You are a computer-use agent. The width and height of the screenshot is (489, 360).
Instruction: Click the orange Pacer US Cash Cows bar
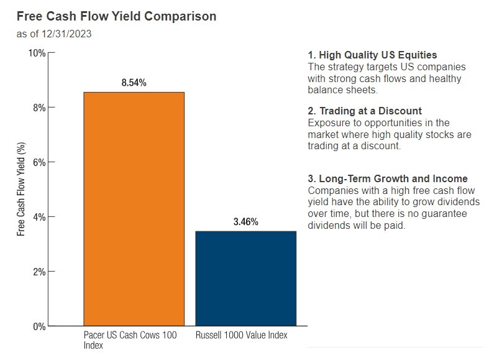tap(134, 208)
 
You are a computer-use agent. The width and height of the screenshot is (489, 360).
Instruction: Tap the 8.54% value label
tap(134, 83)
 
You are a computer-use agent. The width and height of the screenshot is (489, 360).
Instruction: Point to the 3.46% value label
tap(245, 221)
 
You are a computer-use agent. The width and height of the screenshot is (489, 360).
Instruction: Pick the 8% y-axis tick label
tap(39, 108)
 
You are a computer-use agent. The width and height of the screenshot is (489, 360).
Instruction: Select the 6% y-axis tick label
tap(39, 162)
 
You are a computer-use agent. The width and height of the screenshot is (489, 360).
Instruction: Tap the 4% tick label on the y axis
tap(39, 217)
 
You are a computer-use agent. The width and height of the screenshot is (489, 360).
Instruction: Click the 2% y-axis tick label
tap(39, 272)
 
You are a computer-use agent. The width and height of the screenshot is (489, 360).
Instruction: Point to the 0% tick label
tap(39, 326)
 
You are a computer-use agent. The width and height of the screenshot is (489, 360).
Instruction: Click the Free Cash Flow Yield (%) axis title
tap(21, 189)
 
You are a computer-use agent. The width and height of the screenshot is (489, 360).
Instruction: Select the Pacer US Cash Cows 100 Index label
tap(130, 340)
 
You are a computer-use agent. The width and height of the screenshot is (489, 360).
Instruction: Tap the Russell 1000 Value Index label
tap(242, 336)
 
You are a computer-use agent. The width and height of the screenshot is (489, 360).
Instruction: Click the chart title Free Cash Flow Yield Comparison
tap(116, 16)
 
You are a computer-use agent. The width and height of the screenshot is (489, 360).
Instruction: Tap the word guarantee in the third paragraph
tap(443, 214)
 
